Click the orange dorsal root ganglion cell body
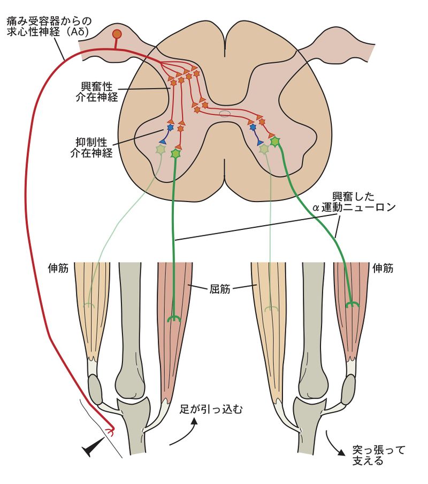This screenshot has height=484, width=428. click(x=117, y=35)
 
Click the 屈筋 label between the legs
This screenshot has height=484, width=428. click(x=220, y=289)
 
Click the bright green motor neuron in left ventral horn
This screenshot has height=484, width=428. click(x=176, y=154)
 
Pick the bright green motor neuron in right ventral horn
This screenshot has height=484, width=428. click(x=275, y=142)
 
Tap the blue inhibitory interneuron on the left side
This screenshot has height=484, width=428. click(x=170, y=128)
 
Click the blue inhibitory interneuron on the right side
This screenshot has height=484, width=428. click(x=253, y=128)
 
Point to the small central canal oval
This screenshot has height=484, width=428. click(x=225, y=114)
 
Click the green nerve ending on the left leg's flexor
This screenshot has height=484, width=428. click(x=174, y=319)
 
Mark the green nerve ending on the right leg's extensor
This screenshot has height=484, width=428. click(x=351, y=305)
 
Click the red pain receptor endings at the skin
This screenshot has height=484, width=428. click(x=111, y=430)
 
